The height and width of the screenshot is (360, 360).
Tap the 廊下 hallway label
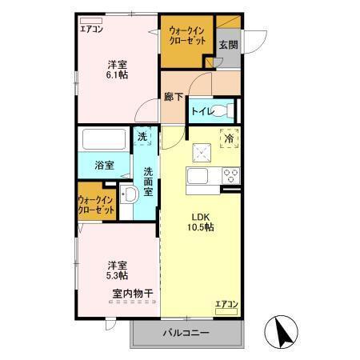click(174, 96)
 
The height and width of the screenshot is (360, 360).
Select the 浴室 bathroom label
click(105, 165)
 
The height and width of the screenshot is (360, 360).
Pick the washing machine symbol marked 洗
click(142, 138)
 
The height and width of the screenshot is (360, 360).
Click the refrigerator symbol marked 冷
click(229, 138)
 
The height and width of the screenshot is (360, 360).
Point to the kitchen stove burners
click(230, 176)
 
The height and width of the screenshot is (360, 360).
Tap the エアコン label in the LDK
click(226, 304)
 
